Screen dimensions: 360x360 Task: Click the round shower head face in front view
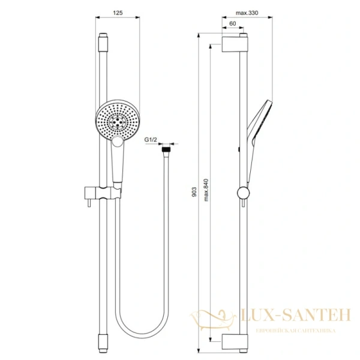coord(119,120)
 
